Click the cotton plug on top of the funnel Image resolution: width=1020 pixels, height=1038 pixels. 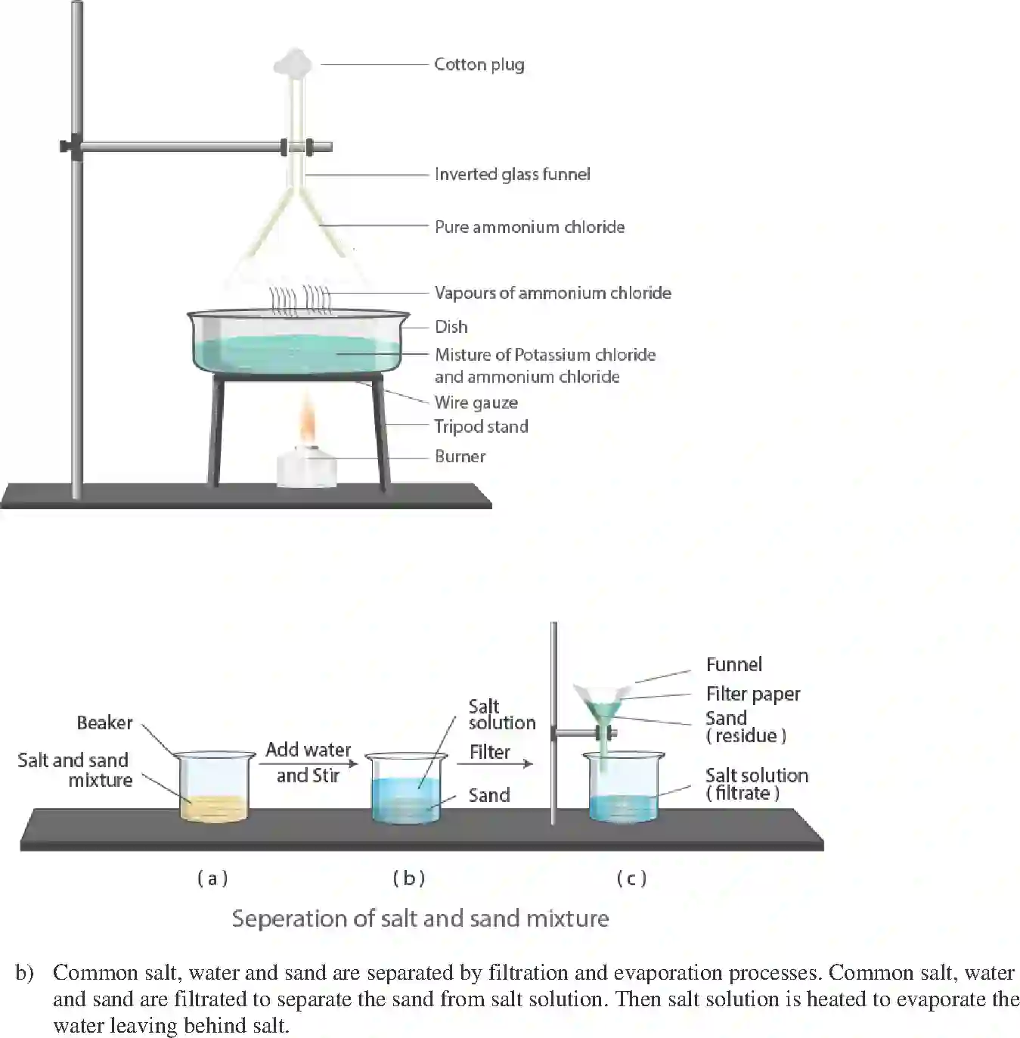click(x=293, y=63)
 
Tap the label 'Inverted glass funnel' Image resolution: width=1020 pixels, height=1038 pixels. click(x=512, y=174)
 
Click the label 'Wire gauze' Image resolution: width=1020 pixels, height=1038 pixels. click(x=476, y=402)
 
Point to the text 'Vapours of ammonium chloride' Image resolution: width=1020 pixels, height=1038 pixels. click(x=552, y=293)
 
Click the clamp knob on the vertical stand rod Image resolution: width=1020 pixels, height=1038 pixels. click(x=70, y=145)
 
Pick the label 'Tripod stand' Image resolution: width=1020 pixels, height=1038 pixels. click(x=481, y=426)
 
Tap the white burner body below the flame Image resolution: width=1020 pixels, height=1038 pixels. click(x=306, y=468)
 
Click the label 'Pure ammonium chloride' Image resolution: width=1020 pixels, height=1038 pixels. click(x=529, y=227)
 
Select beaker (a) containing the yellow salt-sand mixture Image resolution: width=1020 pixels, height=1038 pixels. click(x=214, y=787)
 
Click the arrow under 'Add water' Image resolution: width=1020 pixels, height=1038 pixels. click(x=307, y=763)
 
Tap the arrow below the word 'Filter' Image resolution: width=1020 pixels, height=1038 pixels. click(x=494, y=764)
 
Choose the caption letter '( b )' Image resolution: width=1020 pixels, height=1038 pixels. click(x=409, y=878)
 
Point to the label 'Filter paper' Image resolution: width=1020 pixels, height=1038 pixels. click(x=752, y=694)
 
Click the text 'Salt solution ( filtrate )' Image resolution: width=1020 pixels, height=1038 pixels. click(x=756, y=784)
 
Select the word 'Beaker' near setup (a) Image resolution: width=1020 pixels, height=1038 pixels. click(x=104, y=723)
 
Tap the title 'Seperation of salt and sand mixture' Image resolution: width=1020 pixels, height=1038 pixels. click(x=420, y=918)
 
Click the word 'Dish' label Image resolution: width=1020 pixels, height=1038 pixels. click(x=451, y=327)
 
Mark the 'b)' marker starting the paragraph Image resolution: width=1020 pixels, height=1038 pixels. click(x=24, y=973)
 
